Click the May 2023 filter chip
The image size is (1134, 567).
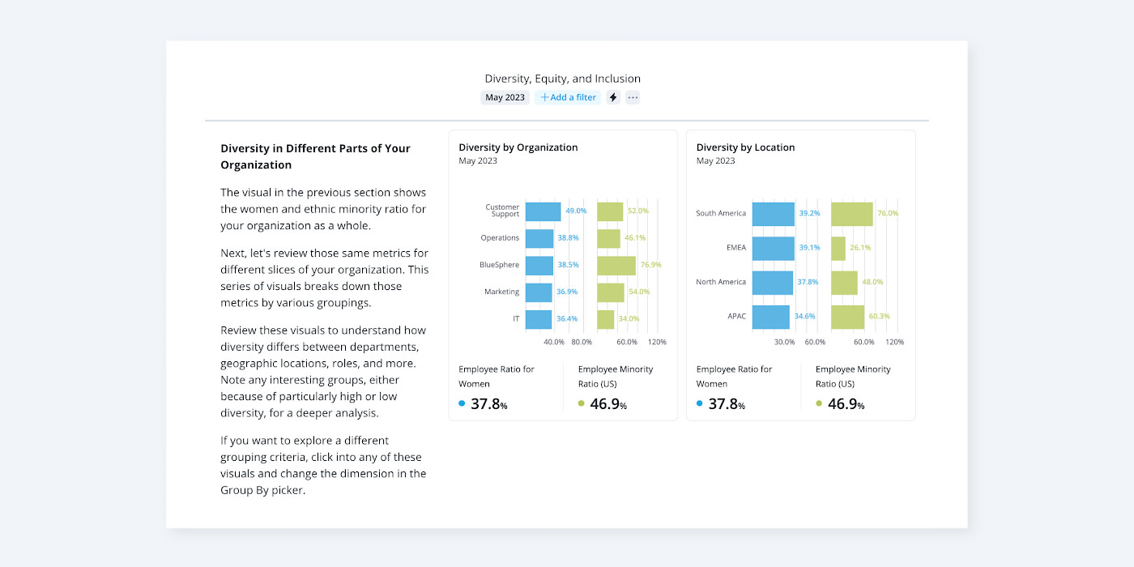point(505,97)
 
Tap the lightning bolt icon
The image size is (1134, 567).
point(613,97)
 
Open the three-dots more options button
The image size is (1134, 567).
point(633,97)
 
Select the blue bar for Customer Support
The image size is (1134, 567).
point(543,211)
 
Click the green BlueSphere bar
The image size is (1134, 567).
point(616,265)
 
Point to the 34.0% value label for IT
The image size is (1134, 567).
point(629,319)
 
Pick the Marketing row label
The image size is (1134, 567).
point(501,292)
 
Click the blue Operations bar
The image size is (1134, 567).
point(539,238)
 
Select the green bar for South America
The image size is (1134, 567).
point(852,214)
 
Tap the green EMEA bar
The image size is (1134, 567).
point(838,248)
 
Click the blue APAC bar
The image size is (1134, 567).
point(770,317)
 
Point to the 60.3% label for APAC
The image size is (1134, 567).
point(879,317)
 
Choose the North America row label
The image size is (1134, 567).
point(721,282)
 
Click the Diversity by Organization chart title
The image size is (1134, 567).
point(518,147)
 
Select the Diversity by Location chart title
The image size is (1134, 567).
point(745,147)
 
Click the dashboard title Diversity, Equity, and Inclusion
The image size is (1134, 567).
point(563,79)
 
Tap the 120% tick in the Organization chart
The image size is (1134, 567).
point(657,342)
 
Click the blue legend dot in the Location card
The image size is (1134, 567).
point(700,403)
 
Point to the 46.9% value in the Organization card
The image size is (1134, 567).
point(607,404)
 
